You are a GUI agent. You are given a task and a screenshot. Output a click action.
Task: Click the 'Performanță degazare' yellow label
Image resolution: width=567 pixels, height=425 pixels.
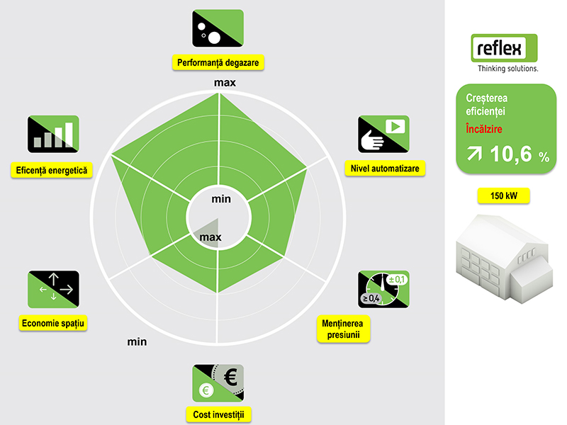(218, 62)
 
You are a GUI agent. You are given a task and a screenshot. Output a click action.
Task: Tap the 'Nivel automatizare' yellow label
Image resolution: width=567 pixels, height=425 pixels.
(385, 169)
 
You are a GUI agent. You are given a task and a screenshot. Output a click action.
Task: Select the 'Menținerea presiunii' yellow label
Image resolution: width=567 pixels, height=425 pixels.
(343, 329)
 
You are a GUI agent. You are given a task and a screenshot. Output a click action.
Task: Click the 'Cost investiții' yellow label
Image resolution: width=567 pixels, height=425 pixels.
(218, 414)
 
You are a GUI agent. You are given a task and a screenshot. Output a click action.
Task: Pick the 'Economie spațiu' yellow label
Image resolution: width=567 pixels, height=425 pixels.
(52, 323)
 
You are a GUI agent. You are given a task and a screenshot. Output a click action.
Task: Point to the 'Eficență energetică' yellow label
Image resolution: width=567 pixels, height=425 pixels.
(52, 170)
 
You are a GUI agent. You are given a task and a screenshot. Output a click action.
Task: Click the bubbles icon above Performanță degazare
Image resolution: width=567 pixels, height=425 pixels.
(218, 28)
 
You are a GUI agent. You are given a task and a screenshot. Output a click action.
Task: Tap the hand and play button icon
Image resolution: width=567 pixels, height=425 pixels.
(383, 134)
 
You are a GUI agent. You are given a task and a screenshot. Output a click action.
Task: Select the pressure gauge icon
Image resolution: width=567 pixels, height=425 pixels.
(383, 290)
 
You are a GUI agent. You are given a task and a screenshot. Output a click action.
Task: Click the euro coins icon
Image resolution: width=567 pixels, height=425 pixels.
(218, 383)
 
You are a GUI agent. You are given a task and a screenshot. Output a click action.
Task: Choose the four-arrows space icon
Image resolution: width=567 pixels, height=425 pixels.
(54, 290)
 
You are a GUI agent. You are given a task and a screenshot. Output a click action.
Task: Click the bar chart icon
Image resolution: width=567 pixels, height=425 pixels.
(54, 134)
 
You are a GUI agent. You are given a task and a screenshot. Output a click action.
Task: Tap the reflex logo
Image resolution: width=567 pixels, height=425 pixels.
(504, 52)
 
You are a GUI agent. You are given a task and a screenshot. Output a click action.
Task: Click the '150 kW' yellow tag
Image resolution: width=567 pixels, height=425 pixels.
(504, 196)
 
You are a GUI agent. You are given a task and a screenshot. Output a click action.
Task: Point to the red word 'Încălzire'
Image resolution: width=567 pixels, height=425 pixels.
(484, 129)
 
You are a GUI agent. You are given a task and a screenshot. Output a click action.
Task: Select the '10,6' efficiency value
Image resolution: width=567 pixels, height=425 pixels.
(511, 154)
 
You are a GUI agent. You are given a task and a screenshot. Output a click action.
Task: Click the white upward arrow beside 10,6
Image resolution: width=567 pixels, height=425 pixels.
(474, 154)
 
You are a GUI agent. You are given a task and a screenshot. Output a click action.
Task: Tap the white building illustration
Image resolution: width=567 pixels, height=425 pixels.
(505, 259)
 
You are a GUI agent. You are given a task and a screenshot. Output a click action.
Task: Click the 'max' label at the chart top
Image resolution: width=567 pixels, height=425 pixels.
(225, 83)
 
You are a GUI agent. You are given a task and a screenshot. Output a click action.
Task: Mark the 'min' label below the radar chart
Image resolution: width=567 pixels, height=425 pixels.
(137, 341)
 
